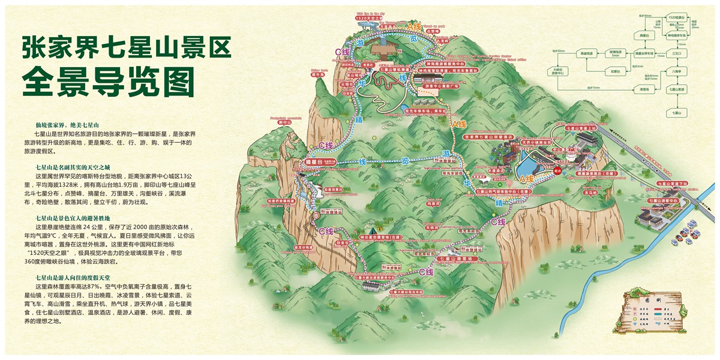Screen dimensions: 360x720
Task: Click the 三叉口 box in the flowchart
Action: coord(677,53)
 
